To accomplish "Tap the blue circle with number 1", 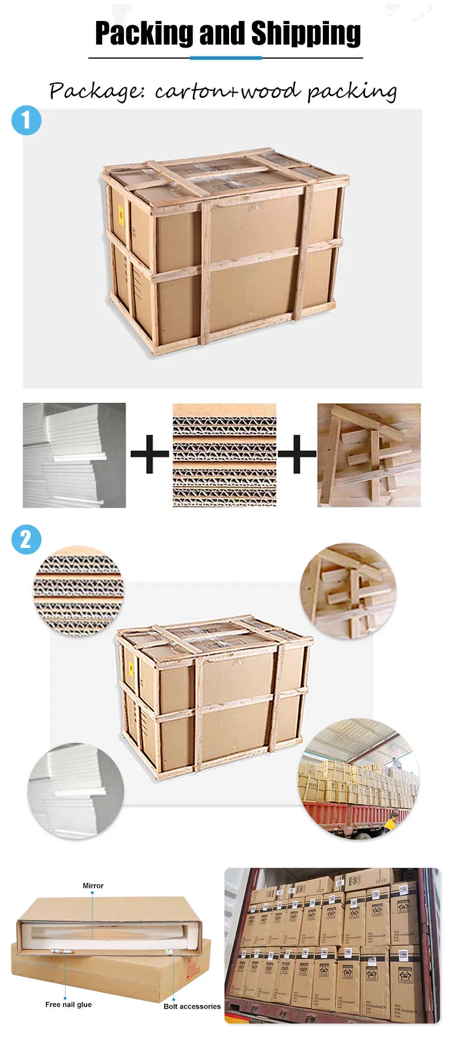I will click(x=26, y=121).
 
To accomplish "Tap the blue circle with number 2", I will click(x=26, y=539).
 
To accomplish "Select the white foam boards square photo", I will click(x=74, y=455).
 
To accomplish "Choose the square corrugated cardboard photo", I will click(x=224, y=455).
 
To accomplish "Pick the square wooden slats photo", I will click(x=369, y=455).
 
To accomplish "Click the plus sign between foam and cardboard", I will click(x=149, y=454).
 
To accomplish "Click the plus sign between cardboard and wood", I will click(x=296, y=454).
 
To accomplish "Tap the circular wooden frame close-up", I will click(x=348, y=591).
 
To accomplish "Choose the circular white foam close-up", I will click(x=76, y=790).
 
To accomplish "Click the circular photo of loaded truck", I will click(x=359, y=780).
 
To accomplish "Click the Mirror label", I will click(x=93, y=885).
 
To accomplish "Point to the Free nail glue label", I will click(x=69, y=1004).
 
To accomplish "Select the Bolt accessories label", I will click(x=192, y=1006).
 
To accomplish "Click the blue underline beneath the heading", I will click(x=226, y=58).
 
